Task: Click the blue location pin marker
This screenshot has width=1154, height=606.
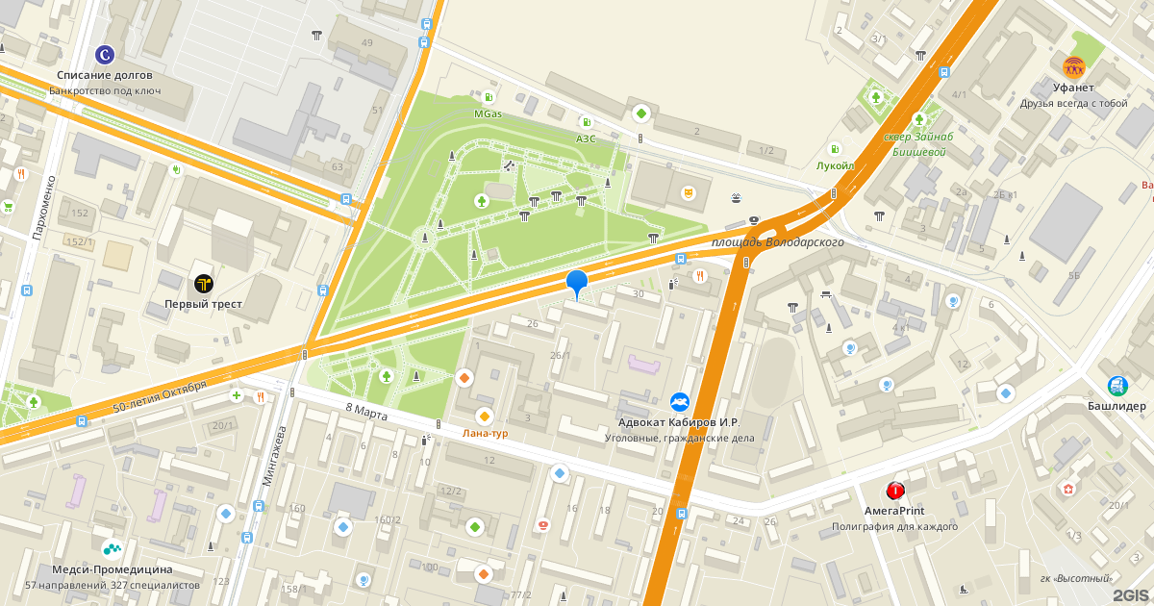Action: (577, 283)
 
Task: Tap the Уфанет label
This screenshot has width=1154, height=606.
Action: (1073, 88)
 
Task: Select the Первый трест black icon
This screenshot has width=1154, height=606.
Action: (203, 283)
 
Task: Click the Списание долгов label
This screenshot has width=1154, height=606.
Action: (105, 75)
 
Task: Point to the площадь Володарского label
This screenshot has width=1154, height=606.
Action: (777, 242)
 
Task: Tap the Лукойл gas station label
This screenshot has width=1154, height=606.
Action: (835, 165)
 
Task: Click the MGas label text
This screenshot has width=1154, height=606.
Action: (488, 114)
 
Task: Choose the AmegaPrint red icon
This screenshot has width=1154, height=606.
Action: (895, 491)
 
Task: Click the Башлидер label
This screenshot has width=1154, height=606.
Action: (1117, 406)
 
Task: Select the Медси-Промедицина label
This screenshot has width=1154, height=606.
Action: (113, 568)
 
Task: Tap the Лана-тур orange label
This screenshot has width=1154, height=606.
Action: (485, 433)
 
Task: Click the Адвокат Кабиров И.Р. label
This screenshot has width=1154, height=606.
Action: (679, 421)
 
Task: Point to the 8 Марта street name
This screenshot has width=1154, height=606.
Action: (365, 411)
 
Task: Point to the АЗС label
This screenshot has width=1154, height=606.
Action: (586, 139)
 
